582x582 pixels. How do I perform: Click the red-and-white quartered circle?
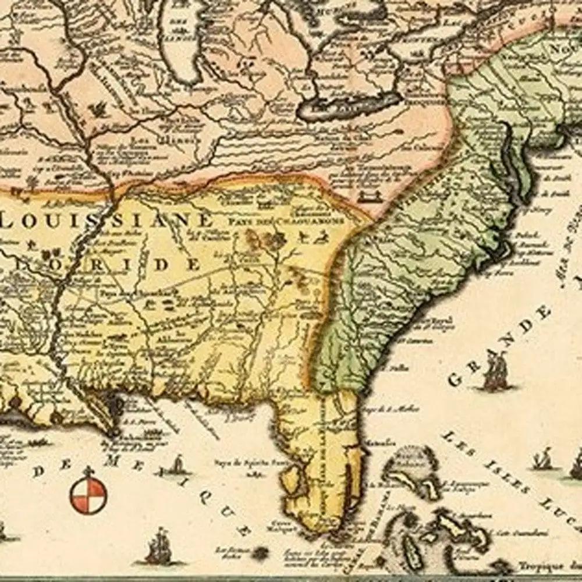(88, 495)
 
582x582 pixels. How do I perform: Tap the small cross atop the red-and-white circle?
(88, 470)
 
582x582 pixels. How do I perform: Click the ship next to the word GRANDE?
(495, 372)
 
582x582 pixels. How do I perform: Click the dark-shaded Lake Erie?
(349, 108)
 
